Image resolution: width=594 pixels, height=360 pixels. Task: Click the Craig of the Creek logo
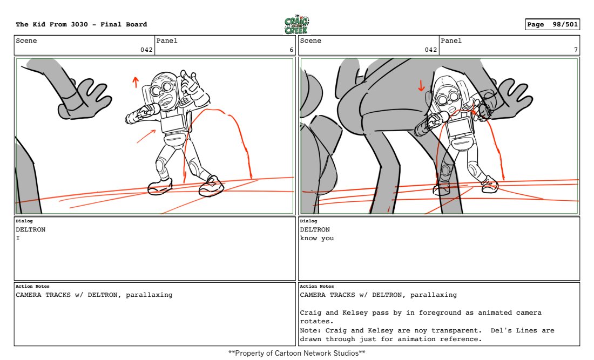[x=296, y=25]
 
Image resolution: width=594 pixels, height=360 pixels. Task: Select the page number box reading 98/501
[x=552, y=24]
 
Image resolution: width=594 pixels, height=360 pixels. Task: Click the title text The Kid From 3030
[x=52, y=24]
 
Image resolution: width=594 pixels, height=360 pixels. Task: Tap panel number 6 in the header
[x=291, y=50]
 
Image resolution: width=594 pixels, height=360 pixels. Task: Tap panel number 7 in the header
[x=576, y=50]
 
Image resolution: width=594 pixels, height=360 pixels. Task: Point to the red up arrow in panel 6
[x=135, y=82]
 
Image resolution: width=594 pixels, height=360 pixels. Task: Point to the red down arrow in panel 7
[x=421, y=86]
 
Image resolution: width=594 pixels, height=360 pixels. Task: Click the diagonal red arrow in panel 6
[x=146, y=136]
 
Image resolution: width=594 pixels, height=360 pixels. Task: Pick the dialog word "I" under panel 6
[x=18, y=238]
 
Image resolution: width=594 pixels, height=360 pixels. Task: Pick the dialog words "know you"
[x=316, y=238]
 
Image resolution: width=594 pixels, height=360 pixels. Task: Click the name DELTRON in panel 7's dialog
[x=315, y=229]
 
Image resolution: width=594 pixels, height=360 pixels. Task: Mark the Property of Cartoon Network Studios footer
[x=296, y=353]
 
